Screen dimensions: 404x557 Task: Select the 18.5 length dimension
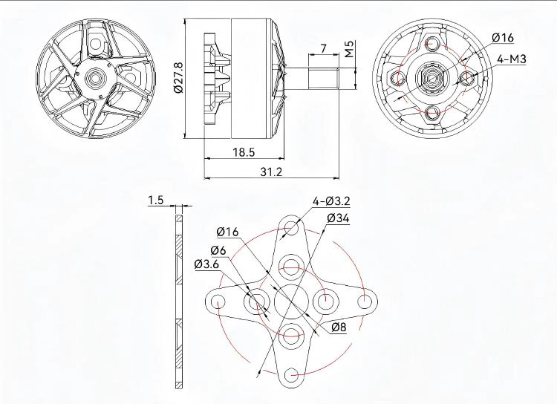pyautogui.click(x=244, y=151)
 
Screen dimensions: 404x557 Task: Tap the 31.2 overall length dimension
pyautogui.click(x=271, y=172)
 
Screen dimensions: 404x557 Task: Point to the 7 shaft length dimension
pyautogui.click(x=323, y=48)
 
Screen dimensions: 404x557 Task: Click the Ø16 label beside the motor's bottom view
pyautogui.click(x=503, y=37)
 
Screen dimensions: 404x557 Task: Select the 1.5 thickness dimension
pyautogui.click(x=155, y=200)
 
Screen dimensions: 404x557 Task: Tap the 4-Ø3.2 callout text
pyautogui.click(x=331, y=201)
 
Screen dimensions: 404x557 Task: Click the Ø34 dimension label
pyautogui.click(x=338, y=218)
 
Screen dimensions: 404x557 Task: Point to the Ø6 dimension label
pyautogui.click(x=218, y=250)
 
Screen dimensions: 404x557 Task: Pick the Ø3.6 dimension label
pyautogui.click(x=206, y=264)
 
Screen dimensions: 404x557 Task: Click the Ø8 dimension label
pyautogui.click(x=339, y=327)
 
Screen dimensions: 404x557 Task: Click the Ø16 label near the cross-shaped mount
pyautogui.click(x=228, y=232)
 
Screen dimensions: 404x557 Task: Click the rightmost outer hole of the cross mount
pyautogui.click(x=365, y=301)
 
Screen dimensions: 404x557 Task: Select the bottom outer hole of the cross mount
pyautogui.click(x=292, y=374)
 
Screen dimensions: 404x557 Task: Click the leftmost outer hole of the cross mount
pyautogui.click(x=218, y=301)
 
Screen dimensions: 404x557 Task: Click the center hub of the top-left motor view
pyautogui.click(x=96, y=76)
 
